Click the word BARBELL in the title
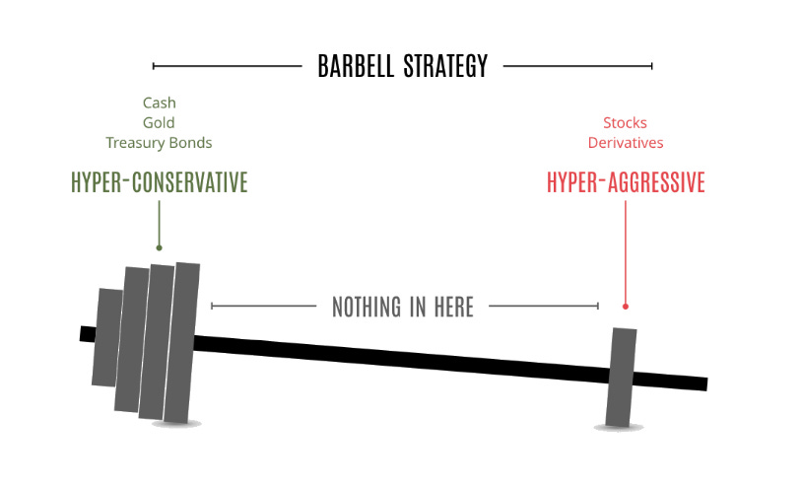point(356,67)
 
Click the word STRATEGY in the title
point(445,67)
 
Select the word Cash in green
point(159,103)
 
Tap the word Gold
point(159,122)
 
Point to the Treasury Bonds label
point(159,143)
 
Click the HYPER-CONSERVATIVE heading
point(159,182)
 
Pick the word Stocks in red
point(625,123)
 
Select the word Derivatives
point(625,143)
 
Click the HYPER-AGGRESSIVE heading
point(626,182)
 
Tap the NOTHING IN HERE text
point(403,307)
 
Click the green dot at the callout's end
point(159,248)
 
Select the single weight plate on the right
point(622,378)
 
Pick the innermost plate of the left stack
point(183,341)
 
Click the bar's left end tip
point(86,334)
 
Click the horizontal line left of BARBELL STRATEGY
point(227,67)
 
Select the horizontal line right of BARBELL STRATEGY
point(577,67)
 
